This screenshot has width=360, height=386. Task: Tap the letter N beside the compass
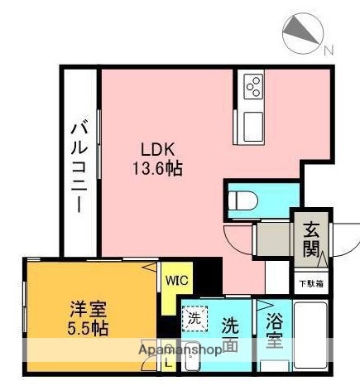329,51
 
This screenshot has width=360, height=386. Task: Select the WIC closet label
176,280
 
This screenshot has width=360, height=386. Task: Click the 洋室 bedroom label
87,314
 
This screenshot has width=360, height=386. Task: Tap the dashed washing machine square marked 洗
195,317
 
